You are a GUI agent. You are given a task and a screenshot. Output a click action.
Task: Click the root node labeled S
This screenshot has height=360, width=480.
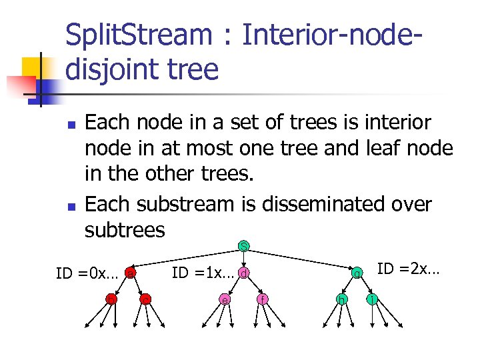click(x=245, y=247)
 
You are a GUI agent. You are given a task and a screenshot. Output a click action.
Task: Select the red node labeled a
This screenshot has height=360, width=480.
click(x=131, y=273)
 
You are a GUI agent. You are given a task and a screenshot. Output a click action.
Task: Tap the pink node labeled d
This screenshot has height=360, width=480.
click(x=245, y=273)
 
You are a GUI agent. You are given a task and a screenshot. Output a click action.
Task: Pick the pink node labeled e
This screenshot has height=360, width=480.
click(x=226, y=300)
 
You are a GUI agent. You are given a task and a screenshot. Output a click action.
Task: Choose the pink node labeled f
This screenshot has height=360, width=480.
click(x=263, y=300)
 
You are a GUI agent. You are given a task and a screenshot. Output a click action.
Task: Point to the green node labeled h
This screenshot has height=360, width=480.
click(x=341, y=300)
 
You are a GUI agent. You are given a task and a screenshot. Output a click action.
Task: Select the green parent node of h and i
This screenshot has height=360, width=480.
click(x=357, y=273)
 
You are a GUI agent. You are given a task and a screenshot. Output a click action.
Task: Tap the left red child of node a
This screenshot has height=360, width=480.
click(x=111, y=300)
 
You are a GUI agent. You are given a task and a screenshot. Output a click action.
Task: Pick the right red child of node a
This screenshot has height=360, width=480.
click(x=145, y=300)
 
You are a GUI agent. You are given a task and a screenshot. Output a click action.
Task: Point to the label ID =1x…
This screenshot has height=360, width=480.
click(x=204, y=273)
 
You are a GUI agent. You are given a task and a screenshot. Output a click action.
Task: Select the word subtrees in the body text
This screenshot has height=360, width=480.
click(x=124, y=230)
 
